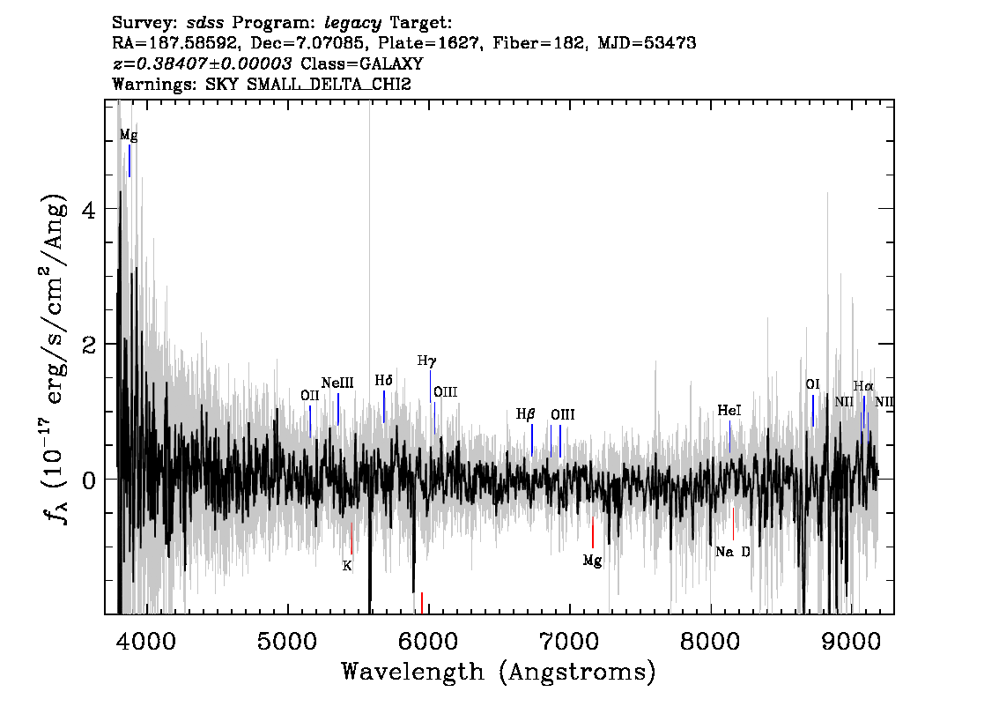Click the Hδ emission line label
pyautogui.click(x=383, y=381)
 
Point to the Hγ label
pyautogui.click(x=427, y=361)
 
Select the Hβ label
pyautogui.click(x=526, y=414)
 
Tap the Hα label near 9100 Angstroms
pyautogui.click(x=863, y=386)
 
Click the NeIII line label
pyautogui.click(x=337, y=383)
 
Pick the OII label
pyautogui.click(x=309, y=396)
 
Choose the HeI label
pyautogui.click(x=729, y=411)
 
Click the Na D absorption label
pyautogui.click(x=733, y=552)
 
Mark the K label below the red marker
pyautogui.click(x=347, y=566)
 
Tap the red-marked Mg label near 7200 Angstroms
pyautogui.click(x=593, y=561)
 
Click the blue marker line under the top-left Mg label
pyautogui.click(x=129, y=160)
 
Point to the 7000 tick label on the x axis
pyautogui.click(x=568, y=641)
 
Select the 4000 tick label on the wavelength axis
pyautogui.click(x=146, y=641)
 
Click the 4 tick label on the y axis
pyautogui.click(x=89, y=210)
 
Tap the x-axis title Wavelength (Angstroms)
pyautogui.click(x=499, y=672)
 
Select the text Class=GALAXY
pyautogui.click(x=362, y=63)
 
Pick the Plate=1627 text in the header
pyautogui.click(x=428, y=43)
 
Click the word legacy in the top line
pyautogui.click(x=353, y=24)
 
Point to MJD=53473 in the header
pyautogui.click(x=647, y=43)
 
